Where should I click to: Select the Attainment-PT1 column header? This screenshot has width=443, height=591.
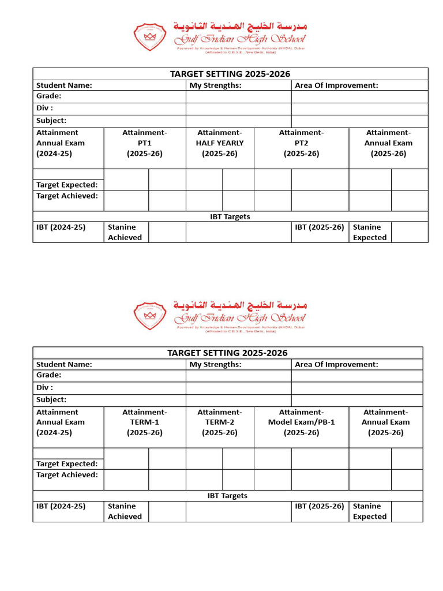click(x=145, y=143)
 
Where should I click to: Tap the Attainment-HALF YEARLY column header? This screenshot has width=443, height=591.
click(x=220, y=143)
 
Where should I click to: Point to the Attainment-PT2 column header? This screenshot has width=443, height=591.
click(x=301, y=143)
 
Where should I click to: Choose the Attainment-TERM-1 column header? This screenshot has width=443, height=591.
click(x=145, y=422)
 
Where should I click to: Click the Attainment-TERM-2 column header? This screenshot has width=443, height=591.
click(x=220, y=422)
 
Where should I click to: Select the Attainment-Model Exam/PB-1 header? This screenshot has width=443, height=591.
click(x=301, y=422)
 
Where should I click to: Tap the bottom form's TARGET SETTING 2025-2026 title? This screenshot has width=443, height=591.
click(x=227, y=353)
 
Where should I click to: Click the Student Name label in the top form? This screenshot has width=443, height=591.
click(x=64, y=85)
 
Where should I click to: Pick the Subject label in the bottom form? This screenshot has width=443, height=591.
click(x=51, y=399)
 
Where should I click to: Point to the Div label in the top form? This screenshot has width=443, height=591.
click(x=45, y=109)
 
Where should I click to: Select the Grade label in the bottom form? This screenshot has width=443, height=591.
click(x=49, y=375)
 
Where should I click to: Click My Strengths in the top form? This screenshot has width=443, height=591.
click(x=215, y=85)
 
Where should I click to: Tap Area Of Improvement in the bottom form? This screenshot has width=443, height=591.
click(x=336, y=364)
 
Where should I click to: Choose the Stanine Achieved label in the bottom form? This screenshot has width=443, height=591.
click(x=125, y=511)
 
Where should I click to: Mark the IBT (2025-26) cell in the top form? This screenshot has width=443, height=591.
click(x=319, y=227)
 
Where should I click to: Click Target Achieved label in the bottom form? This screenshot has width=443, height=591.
click(x=67, y=475)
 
